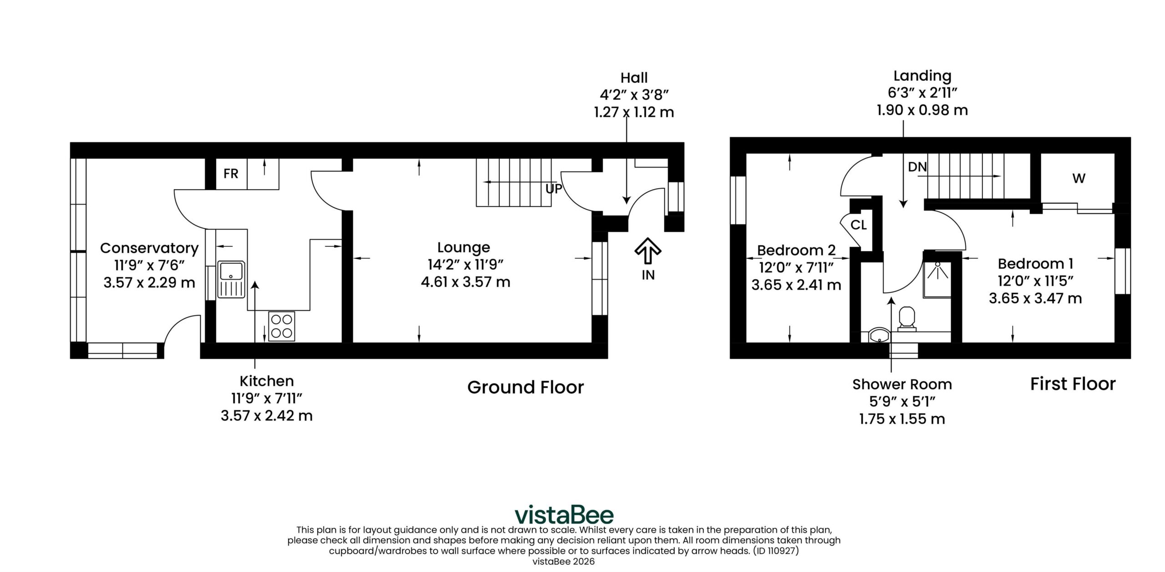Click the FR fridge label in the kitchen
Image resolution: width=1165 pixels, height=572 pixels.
tap(231, 173)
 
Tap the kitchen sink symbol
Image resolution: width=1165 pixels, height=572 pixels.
tap(232, 279)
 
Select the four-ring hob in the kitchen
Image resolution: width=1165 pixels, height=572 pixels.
tap(282, 326)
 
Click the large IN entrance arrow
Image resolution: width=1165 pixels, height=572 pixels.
tap(648, 251)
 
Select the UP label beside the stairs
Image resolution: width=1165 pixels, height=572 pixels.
tap(554, 188)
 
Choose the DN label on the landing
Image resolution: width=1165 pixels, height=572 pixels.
tap(917, 167)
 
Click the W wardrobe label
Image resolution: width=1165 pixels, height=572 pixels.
tap(1079, 178)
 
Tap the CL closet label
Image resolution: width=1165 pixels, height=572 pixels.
tap(858, 225)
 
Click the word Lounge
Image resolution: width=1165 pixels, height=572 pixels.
tap(464, 247)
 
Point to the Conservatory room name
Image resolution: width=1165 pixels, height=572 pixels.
tap(149, 248)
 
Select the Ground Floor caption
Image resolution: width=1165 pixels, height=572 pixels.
tap(526, 387)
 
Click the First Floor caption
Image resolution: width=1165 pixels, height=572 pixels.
tap(1073, 384)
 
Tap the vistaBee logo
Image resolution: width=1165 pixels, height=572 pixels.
tap(564, 515)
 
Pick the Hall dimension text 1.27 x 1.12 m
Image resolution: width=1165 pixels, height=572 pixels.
tap(634, 112)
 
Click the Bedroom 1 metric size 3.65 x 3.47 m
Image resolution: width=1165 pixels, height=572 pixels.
tap(1035, 298)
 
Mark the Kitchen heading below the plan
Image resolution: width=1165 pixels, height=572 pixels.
tap(267, 381)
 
